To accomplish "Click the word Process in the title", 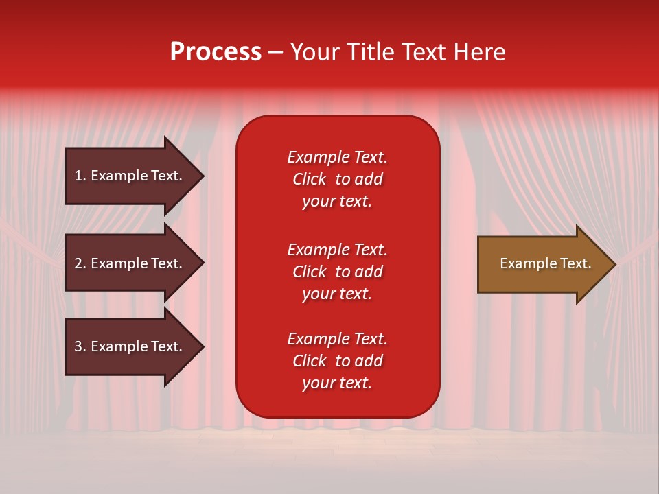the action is (x=216, y=52).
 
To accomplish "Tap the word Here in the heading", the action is (x=479, y=52).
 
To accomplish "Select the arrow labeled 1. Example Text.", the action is (x=135, y=176).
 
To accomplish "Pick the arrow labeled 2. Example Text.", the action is (x=135, y=263).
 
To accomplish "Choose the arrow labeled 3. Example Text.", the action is (x=135, y=346).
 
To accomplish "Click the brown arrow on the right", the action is (x=546, y=264).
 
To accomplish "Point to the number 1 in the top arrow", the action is (x=79, y=176).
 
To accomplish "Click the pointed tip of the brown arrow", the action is (x=616, y=265).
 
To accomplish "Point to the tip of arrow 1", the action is (x=205, y=176).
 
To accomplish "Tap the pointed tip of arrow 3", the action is (x=205, y=347).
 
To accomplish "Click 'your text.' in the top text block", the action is (x=337, y=202).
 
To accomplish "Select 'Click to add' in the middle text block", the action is (x=338, y=272).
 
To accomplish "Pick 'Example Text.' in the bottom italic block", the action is (x=338, y=338).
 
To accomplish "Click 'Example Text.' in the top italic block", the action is (x=338, y=157).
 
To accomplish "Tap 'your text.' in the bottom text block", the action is (x=337, y=383).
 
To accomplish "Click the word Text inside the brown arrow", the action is (x=576, y=263).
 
